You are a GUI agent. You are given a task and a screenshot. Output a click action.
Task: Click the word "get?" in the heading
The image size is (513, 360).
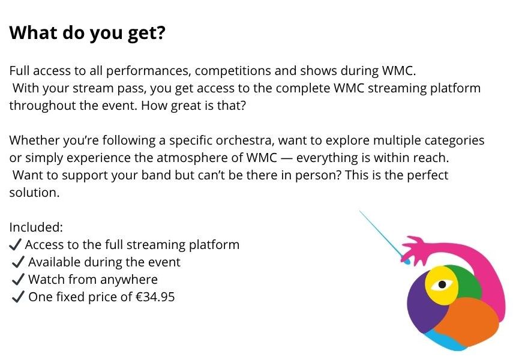pyautogui.click(x=146, y=34)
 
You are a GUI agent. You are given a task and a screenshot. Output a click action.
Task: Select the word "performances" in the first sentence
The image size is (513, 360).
pyautogui.click(x=148, y=71)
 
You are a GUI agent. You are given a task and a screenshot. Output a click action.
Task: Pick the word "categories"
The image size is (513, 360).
pyautogui.click(x=454, y=141)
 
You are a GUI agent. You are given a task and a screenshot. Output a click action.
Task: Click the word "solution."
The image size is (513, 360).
pyautogui.click(x=34, y=193)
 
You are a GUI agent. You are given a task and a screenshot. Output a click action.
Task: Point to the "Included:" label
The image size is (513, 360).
pyautogui.click(x=36, y=227)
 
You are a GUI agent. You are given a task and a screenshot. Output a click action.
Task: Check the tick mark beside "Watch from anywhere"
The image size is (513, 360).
pyautogui.click(x=18, y=280)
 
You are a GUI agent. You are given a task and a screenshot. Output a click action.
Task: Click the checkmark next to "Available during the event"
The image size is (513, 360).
pyautogui.click(x=18, y=262)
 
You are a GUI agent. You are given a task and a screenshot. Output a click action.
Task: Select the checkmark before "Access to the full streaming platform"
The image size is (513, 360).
pyautogui.click(x=16, y=245)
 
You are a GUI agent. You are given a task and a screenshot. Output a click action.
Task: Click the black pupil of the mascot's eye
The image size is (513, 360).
pyautogui.click(x=442, y=284)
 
